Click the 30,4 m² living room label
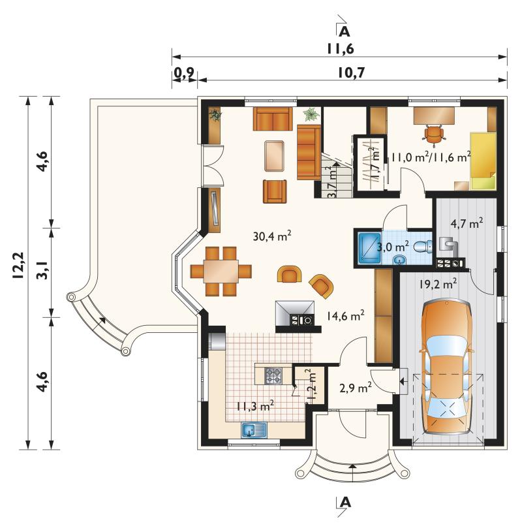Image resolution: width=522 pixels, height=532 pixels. click(272, 236)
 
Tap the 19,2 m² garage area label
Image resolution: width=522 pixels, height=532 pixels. click(438, 283)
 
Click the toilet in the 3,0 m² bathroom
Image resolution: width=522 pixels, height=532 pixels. click(423, 246)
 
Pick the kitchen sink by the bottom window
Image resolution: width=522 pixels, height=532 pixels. click(254, 430)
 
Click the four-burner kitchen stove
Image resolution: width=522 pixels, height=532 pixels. click(273, 375)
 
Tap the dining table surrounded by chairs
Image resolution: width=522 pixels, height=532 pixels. click(221, 271)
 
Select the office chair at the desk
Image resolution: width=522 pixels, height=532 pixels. click(434, 134)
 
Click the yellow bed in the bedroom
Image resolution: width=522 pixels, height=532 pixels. click(483, 161)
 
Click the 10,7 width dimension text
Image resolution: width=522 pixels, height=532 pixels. click(352, 72)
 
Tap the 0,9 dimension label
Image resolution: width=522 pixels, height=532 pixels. click(184, 72)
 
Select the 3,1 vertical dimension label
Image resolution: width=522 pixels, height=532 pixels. click(43, 270)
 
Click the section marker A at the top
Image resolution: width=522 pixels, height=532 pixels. click(344, 31)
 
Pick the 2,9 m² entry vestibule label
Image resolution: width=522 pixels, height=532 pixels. click(355, 387)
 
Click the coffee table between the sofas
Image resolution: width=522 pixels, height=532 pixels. click(275, 155)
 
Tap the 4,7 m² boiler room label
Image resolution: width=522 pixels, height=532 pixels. click(467, 224)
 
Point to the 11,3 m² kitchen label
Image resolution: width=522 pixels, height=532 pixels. click(255, 406)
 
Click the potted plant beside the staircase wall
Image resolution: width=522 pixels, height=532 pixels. click(311, 114)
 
